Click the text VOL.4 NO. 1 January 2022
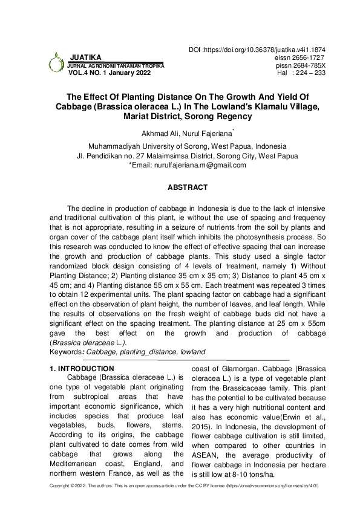tap(110, 72)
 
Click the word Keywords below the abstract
tap(66, 351)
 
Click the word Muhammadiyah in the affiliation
tap(115, 146)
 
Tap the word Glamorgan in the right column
tap(237, 377)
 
